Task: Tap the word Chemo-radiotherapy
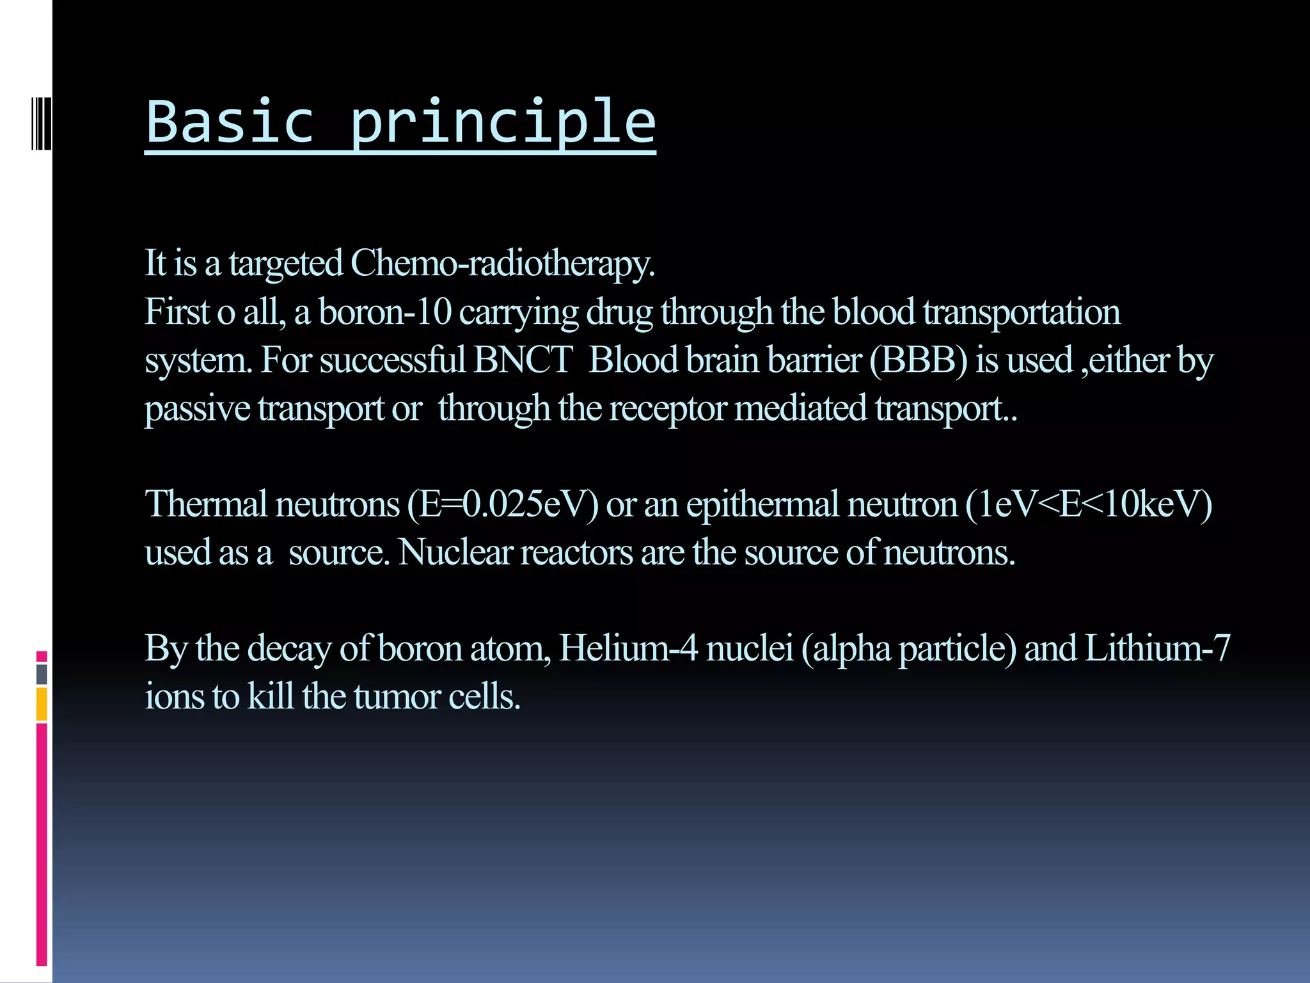tap(502, 264)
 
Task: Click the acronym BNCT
tap(523, 360)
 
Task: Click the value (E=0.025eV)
tap(503, 504)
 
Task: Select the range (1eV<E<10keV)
tap(1089, 504)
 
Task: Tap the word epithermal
tap(762, 504)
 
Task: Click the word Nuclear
tap(455, 552)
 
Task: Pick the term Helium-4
tap(628, 648)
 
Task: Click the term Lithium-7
tap(1156, 648)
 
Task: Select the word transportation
tap(1021, 312)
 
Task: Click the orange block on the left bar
tap(42, 704)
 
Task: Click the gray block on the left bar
tap(42, 675)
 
